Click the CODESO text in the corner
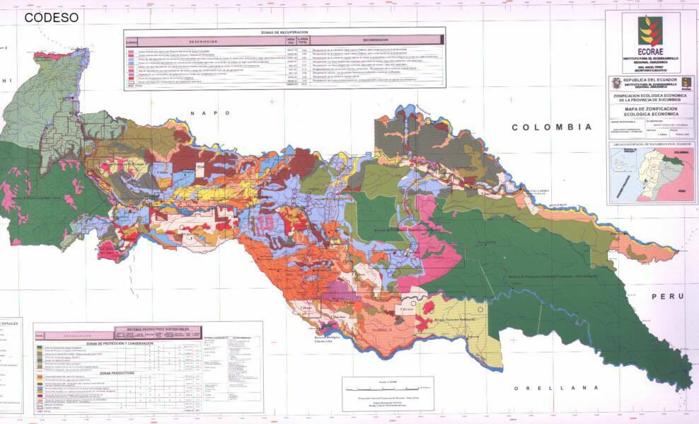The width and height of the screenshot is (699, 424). pyautogui.click(x=51, y=18)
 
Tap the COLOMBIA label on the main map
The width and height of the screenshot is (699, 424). pyautogui.click(x=552, y=127)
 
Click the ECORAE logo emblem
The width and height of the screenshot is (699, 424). pyautogui.click(x=650, y=31)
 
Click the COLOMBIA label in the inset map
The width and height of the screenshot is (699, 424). pyautogui.click(x=681, y=151)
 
